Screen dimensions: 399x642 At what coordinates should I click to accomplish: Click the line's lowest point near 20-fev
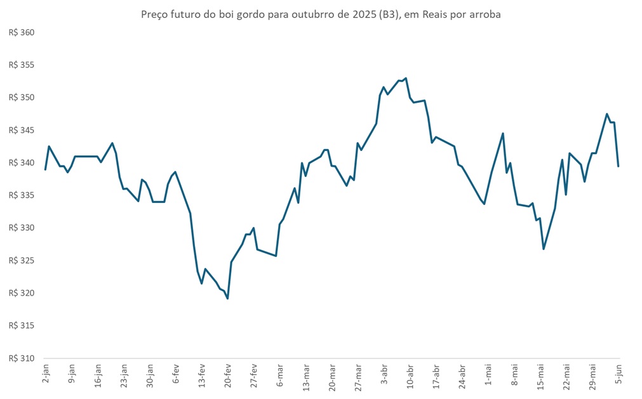227,298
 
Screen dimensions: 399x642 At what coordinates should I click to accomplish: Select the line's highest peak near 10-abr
406,79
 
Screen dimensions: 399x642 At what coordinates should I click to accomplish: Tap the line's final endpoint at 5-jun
619,166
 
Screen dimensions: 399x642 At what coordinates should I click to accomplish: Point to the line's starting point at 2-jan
45,169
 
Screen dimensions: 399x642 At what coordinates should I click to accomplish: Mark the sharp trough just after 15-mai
544,249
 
